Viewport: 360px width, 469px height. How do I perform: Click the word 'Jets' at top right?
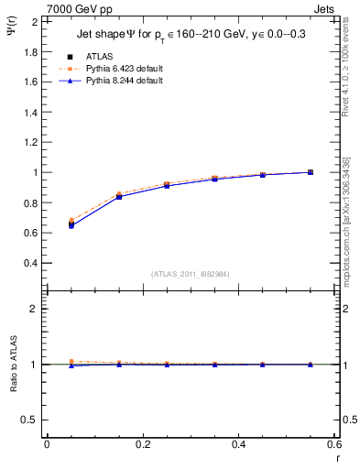tap(326, 8)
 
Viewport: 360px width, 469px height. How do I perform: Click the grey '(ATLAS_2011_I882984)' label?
tap(191, 274)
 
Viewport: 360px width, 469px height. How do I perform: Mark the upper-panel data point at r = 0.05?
tap(71, 224)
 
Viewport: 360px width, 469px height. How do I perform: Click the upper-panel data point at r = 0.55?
tap(311, 172)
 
